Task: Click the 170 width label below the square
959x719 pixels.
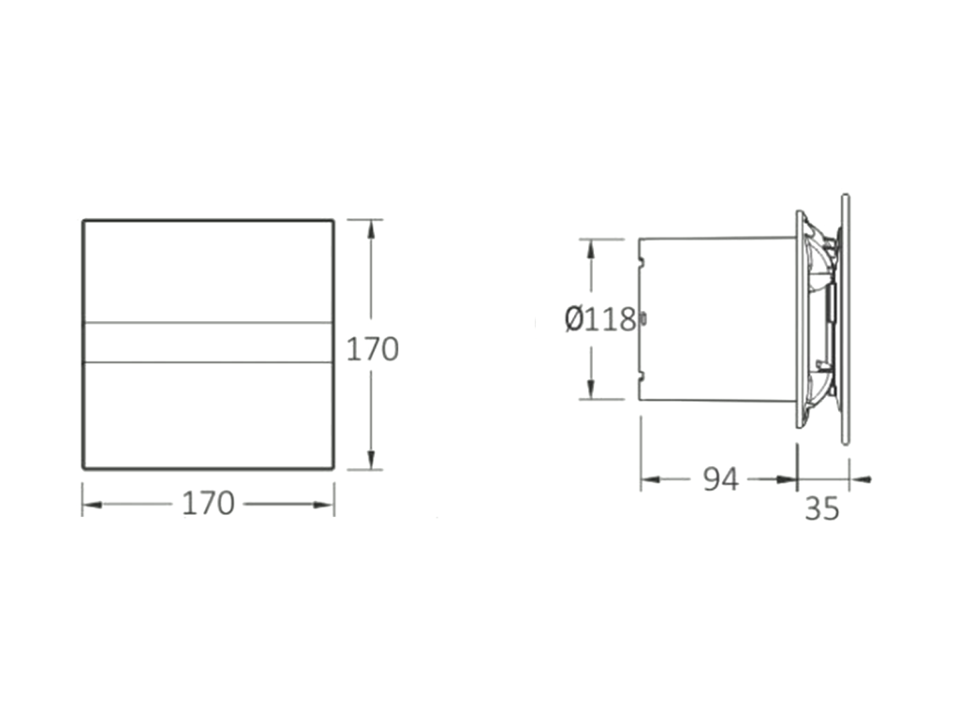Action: pos(209,504)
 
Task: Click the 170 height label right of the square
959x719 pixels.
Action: pos(373,350)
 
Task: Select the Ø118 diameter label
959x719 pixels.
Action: pos(600,320)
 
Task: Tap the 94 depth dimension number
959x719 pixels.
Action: pos(721,480)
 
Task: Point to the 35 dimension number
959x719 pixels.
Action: pos(822,508)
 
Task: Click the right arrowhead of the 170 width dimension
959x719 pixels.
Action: pos(323,505)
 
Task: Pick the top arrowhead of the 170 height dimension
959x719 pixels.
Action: pos(370,230)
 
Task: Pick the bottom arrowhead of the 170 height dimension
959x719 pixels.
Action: pos(370,459)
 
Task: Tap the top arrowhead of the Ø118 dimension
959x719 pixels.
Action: pos(591,249)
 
